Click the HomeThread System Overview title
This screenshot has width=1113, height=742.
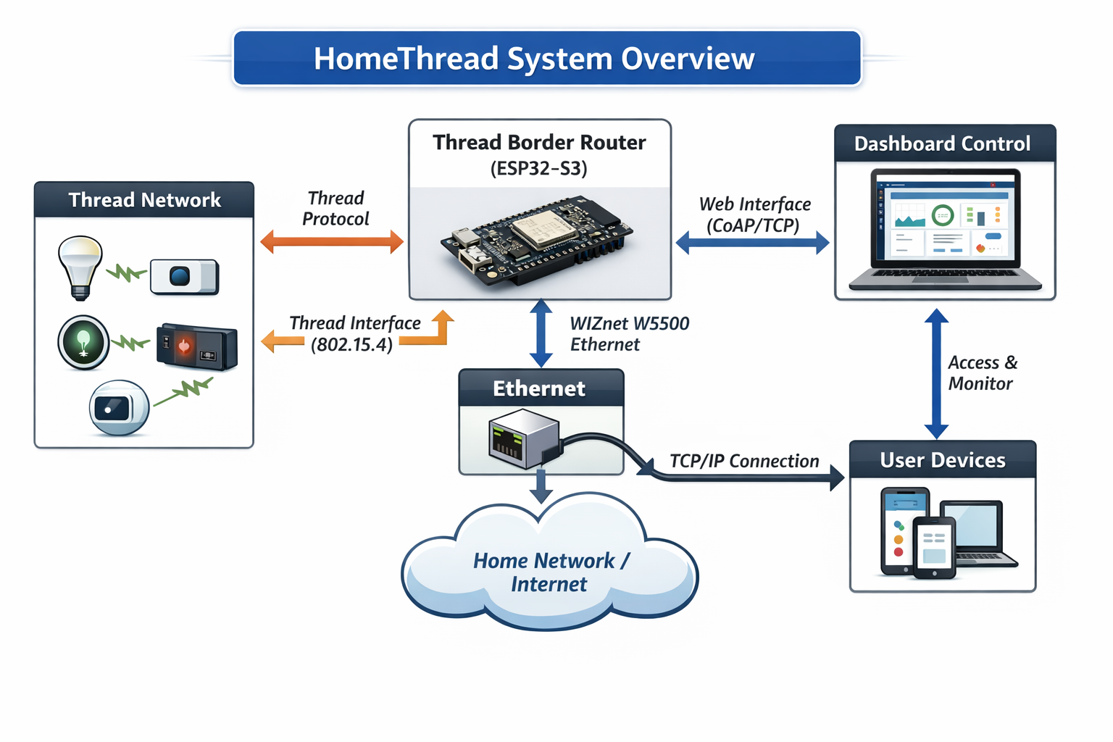[x=534, y=59]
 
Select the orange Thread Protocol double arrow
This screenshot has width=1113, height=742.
[x=332, y=241]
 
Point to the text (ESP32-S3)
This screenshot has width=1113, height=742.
[x=539, y=169]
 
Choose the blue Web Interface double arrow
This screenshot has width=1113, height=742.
[x=752, y=242]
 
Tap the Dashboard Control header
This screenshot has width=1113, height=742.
[x=942, y=143]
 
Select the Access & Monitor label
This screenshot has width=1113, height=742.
[x=982, y=373]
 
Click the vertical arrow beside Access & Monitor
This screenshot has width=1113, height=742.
[x=936, y=373]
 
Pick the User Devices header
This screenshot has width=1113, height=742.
[x=942, y=460]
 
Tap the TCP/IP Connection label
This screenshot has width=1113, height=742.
[x=744, y=461]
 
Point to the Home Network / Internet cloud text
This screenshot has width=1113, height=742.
[x=551, y=572]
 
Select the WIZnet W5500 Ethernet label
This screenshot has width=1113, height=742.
[x=629, y=334]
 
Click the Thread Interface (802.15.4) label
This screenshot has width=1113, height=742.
[x=354, y=333]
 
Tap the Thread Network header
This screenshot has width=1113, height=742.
[x=144, y=200]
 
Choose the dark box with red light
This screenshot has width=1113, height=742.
[x=196, y=346]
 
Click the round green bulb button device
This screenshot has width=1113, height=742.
[x=83, y=342]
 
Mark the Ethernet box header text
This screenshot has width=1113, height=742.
[x=539, y=388]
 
